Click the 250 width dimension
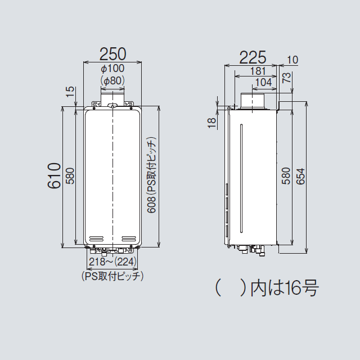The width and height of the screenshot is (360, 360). (x=112, y=54)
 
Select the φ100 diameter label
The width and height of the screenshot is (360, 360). (x=112, y=69)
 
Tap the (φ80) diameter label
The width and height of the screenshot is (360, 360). (x=112, y=81)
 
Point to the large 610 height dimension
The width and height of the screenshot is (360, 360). (x=53, y=175)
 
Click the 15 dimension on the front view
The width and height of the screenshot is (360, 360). (x=69, y=92)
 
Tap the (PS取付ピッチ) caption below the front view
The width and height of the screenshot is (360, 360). (x=112, y=277)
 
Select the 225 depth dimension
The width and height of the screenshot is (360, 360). (x=253, y=57)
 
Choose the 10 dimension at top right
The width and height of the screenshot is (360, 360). (x=292, y=60)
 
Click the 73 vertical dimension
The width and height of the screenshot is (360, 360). (x=287, y=78)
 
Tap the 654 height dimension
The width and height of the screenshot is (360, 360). (x=300, y=175)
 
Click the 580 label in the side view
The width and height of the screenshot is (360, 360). (x=286, y=175)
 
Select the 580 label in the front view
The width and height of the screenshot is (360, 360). (x=70, y=175)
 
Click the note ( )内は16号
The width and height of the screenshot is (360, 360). (x=267, y=289)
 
